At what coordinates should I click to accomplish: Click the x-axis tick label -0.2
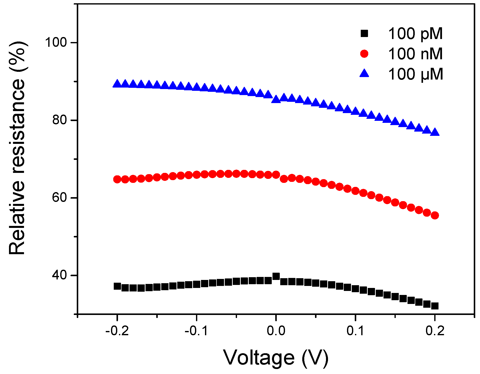pyautogui.click(x=117, y=331)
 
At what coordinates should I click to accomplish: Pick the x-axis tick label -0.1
pyautogui.click(x=196, y=331)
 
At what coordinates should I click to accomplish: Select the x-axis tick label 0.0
pyautogui.click(x=276, y=331)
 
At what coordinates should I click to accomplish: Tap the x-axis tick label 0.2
pyautogui.click(x=435, y=331)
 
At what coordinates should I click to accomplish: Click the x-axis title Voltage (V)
pyautogui.click(x=276, y=358)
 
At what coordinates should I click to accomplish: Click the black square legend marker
pyautogui.click(x=364, y=33)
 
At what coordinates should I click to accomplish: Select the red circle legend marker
pyautogui.click(x=364, y=54)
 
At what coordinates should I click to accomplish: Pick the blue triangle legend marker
pyautogui.click(x=364, y=74)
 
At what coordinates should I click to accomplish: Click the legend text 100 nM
pyautogui.click(x=415, y=54)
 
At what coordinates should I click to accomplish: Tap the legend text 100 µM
pyautogui.click(x=415, y=74)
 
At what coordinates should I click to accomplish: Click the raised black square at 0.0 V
pyautogui.click(x=276, y=276)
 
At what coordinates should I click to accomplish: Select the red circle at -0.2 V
pyautogui.click(x=117, y=179)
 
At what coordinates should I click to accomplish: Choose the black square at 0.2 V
pyautogui.click(x=435, y=306)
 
